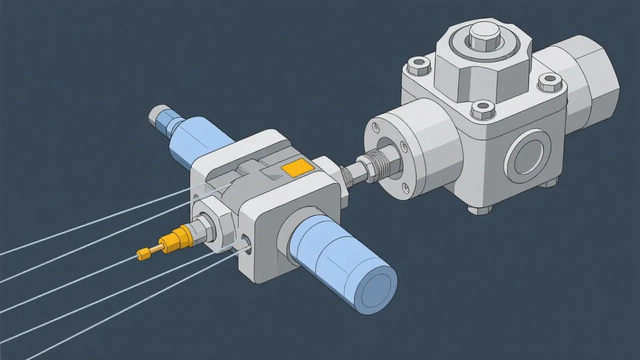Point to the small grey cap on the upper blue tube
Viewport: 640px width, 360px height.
pyautogui.click(x=158, y=114)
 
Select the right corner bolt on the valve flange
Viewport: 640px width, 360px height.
pyautogui.click(x=550, y=81)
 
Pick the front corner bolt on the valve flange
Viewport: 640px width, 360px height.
pyautogui.click(x=482, y=109)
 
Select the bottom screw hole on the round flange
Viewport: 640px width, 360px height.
pyautogui.click(x=406, y=189)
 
